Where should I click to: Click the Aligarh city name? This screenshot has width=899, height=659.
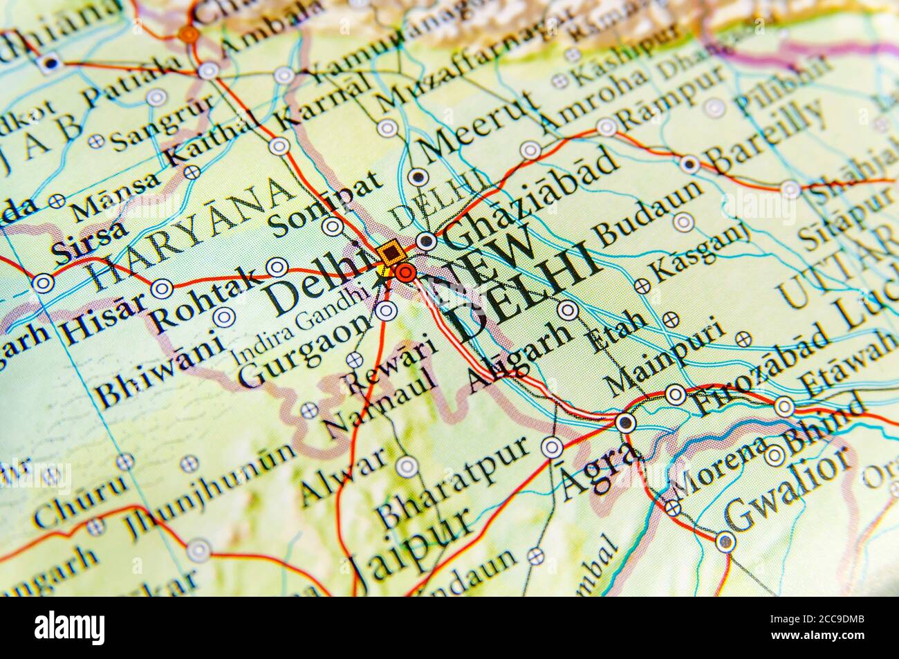(x=520, y=358)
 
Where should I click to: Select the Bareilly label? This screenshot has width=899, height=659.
(x=767, y=135)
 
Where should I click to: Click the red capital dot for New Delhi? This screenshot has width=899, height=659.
(x=406, y=273)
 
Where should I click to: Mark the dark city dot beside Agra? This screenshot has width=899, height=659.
(x=626, y=422)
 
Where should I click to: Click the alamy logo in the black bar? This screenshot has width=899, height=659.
(x=70, y=629)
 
